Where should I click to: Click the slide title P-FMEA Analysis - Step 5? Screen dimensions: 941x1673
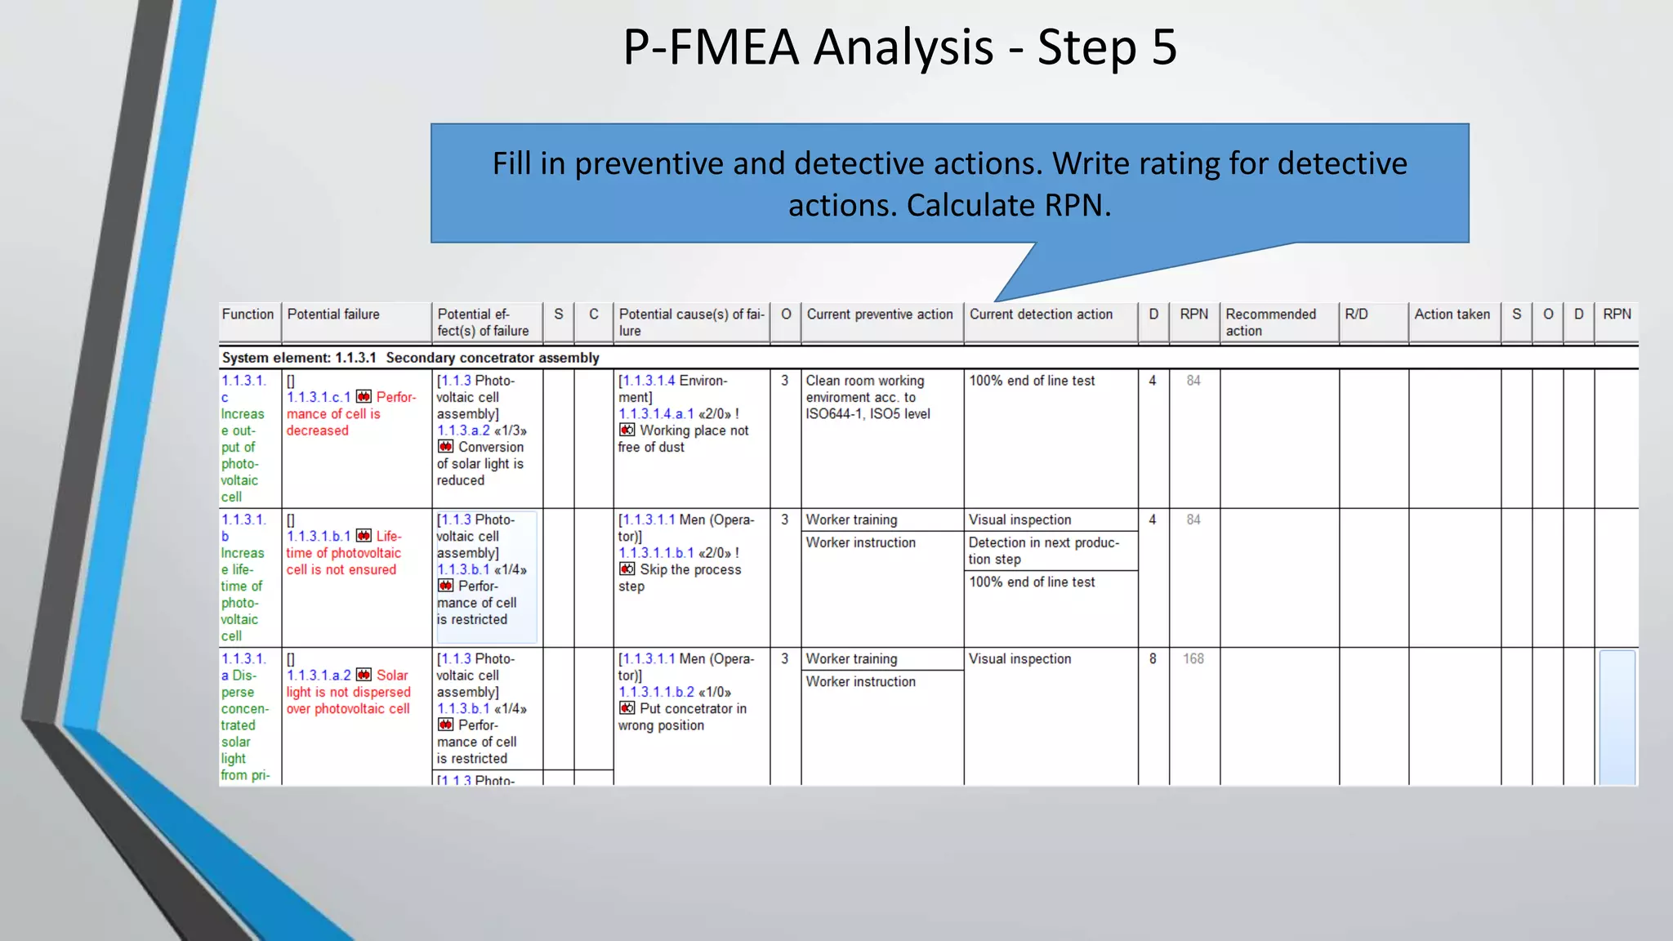(x=899, y=47)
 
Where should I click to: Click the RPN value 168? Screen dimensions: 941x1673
(x=1193, y=659)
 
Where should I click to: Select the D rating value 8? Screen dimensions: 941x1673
(x=1153, y=659)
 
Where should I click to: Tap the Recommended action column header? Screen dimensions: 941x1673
(x=1270, y=323)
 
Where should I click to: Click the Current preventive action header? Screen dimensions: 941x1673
(x=880, y=314)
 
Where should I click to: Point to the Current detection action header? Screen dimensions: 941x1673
(x=1041, y=314)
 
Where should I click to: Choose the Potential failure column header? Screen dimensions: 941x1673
(x=333, y=314)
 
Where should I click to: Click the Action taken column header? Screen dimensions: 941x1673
(x=1452, y=314)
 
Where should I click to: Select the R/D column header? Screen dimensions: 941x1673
(x=1356, y=314)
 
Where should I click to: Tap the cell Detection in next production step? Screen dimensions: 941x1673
(x=1043, y=551)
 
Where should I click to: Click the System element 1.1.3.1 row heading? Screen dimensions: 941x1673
(x=410, y=358)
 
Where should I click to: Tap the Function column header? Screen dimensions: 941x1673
(x=248, y=314)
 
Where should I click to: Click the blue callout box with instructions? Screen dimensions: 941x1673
(x=949, y=184)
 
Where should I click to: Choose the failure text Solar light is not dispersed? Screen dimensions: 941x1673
(x=349, y=692)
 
